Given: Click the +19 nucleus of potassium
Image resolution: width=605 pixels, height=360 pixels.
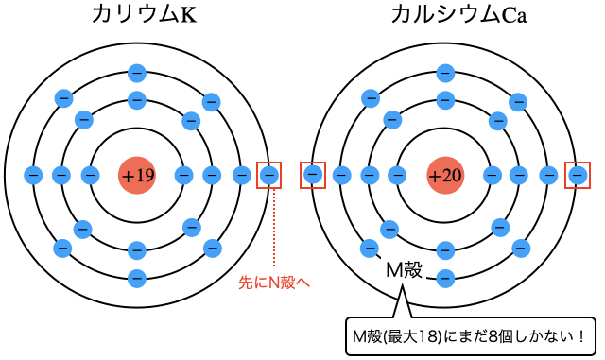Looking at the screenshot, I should tap(137, 175).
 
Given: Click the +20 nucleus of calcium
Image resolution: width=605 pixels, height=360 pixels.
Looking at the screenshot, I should tap(445, 175).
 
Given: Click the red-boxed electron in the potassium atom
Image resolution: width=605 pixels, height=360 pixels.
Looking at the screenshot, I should tap(269, 175).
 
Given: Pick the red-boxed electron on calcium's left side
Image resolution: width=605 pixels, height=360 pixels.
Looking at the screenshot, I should tap(313, 175).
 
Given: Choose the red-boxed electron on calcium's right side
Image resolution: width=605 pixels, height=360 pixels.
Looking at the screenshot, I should tap(577, 175).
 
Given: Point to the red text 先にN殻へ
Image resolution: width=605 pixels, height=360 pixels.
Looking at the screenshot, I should tap(277, 281).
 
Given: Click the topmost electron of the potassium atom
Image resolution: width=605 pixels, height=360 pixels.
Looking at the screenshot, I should tap(137, 71).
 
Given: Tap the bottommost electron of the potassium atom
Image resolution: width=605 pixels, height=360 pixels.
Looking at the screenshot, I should tap(137, 278).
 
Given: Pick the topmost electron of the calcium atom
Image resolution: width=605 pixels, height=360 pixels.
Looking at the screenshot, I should tap(445, 71).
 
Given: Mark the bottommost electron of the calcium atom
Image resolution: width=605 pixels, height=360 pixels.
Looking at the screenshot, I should tap(445, 278).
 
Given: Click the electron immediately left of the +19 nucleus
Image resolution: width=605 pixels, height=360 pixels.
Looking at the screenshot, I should tap(91, 175).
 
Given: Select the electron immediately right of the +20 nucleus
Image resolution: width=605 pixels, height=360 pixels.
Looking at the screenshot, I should tap(492, 175).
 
